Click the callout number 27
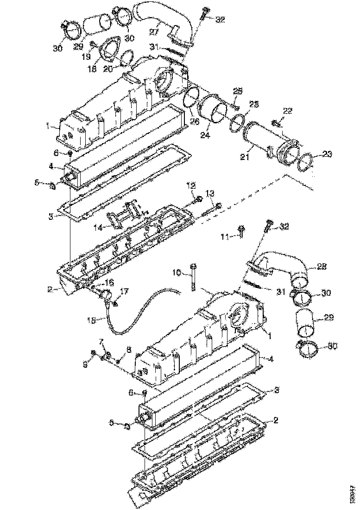click(x=153, y=31)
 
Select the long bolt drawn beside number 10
click(x=194, y=278)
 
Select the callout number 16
click(x=108, y=282)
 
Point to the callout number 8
click(x=128, y=350)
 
